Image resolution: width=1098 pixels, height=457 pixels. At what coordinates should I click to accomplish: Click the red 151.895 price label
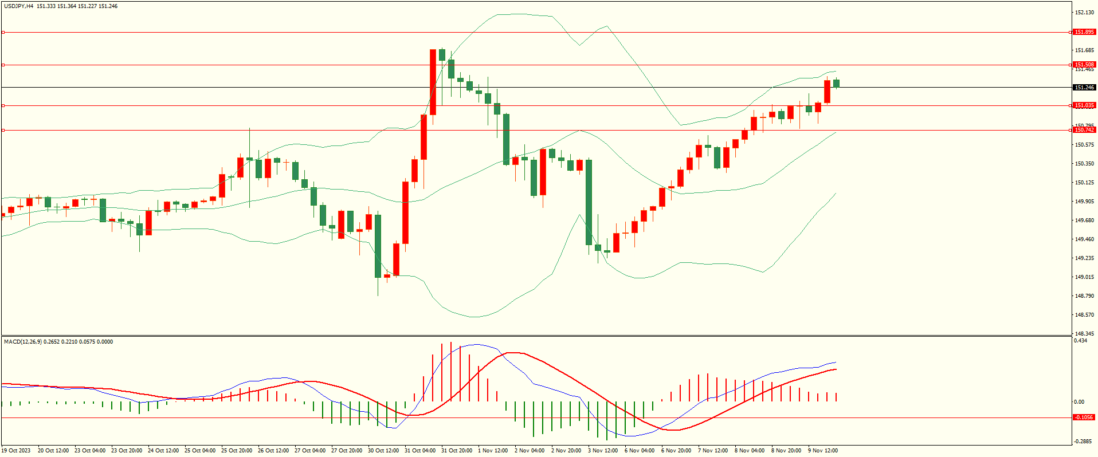(x=1084, y=32)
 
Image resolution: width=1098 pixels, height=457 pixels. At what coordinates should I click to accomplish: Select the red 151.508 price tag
(x=1084, y=65)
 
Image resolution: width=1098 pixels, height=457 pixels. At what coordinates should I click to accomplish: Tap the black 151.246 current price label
(x=1084, y=88)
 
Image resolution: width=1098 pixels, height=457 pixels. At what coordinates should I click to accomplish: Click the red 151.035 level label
(x=1084, y=105)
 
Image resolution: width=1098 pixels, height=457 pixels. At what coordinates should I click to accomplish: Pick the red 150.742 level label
(x=1084, y=130)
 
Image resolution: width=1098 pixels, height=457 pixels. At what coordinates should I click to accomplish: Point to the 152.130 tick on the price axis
(x=1084, y=12)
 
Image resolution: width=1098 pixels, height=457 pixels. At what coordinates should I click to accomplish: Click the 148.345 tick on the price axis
(x=1084, y=333)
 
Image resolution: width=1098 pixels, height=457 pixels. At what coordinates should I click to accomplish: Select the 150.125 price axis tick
(x=1084, y=183)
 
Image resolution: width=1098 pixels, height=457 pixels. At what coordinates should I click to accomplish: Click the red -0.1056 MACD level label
(x=1084, y=417)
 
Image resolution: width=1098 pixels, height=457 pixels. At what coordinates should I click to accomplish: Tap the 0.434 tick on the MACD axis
(x=1080, y=341)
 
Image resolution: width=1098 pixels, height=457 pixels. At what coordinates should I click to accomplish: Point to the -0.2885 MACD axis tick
(x=1083, y=441)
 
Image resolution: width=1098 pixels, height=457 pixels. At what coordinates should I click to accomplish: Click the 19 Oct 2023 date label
(x=16, y=451)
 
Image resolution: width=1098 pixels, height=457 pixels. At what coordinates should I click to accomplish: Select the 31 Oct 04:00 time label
(x=420, y=451)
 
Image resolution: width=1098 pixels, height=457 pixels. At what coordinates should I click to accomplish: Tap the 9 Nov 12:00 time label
(x=823, y=451)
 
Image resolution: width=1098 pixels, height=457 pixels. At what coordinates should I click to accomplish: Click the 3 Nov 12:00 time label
(x=603, y=451)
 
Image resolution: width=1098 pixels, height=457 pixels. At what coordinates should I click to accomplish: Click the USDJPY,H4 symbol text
(x=18, y=6)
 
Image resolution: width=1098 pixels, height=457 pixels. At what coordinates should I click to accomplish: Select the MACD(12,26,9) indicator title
(x=22, y=342)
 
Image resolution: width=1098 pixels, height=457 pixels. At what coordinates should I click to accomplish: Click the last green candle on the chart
(x=837, y=84)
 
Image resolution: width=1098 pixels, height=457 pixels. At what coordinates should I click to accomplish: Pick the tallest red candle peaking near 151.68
(x=433, y=82)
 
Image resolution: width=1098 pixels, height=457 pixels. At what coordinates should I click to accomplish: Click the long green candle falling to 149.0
(x=378, y=246)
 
